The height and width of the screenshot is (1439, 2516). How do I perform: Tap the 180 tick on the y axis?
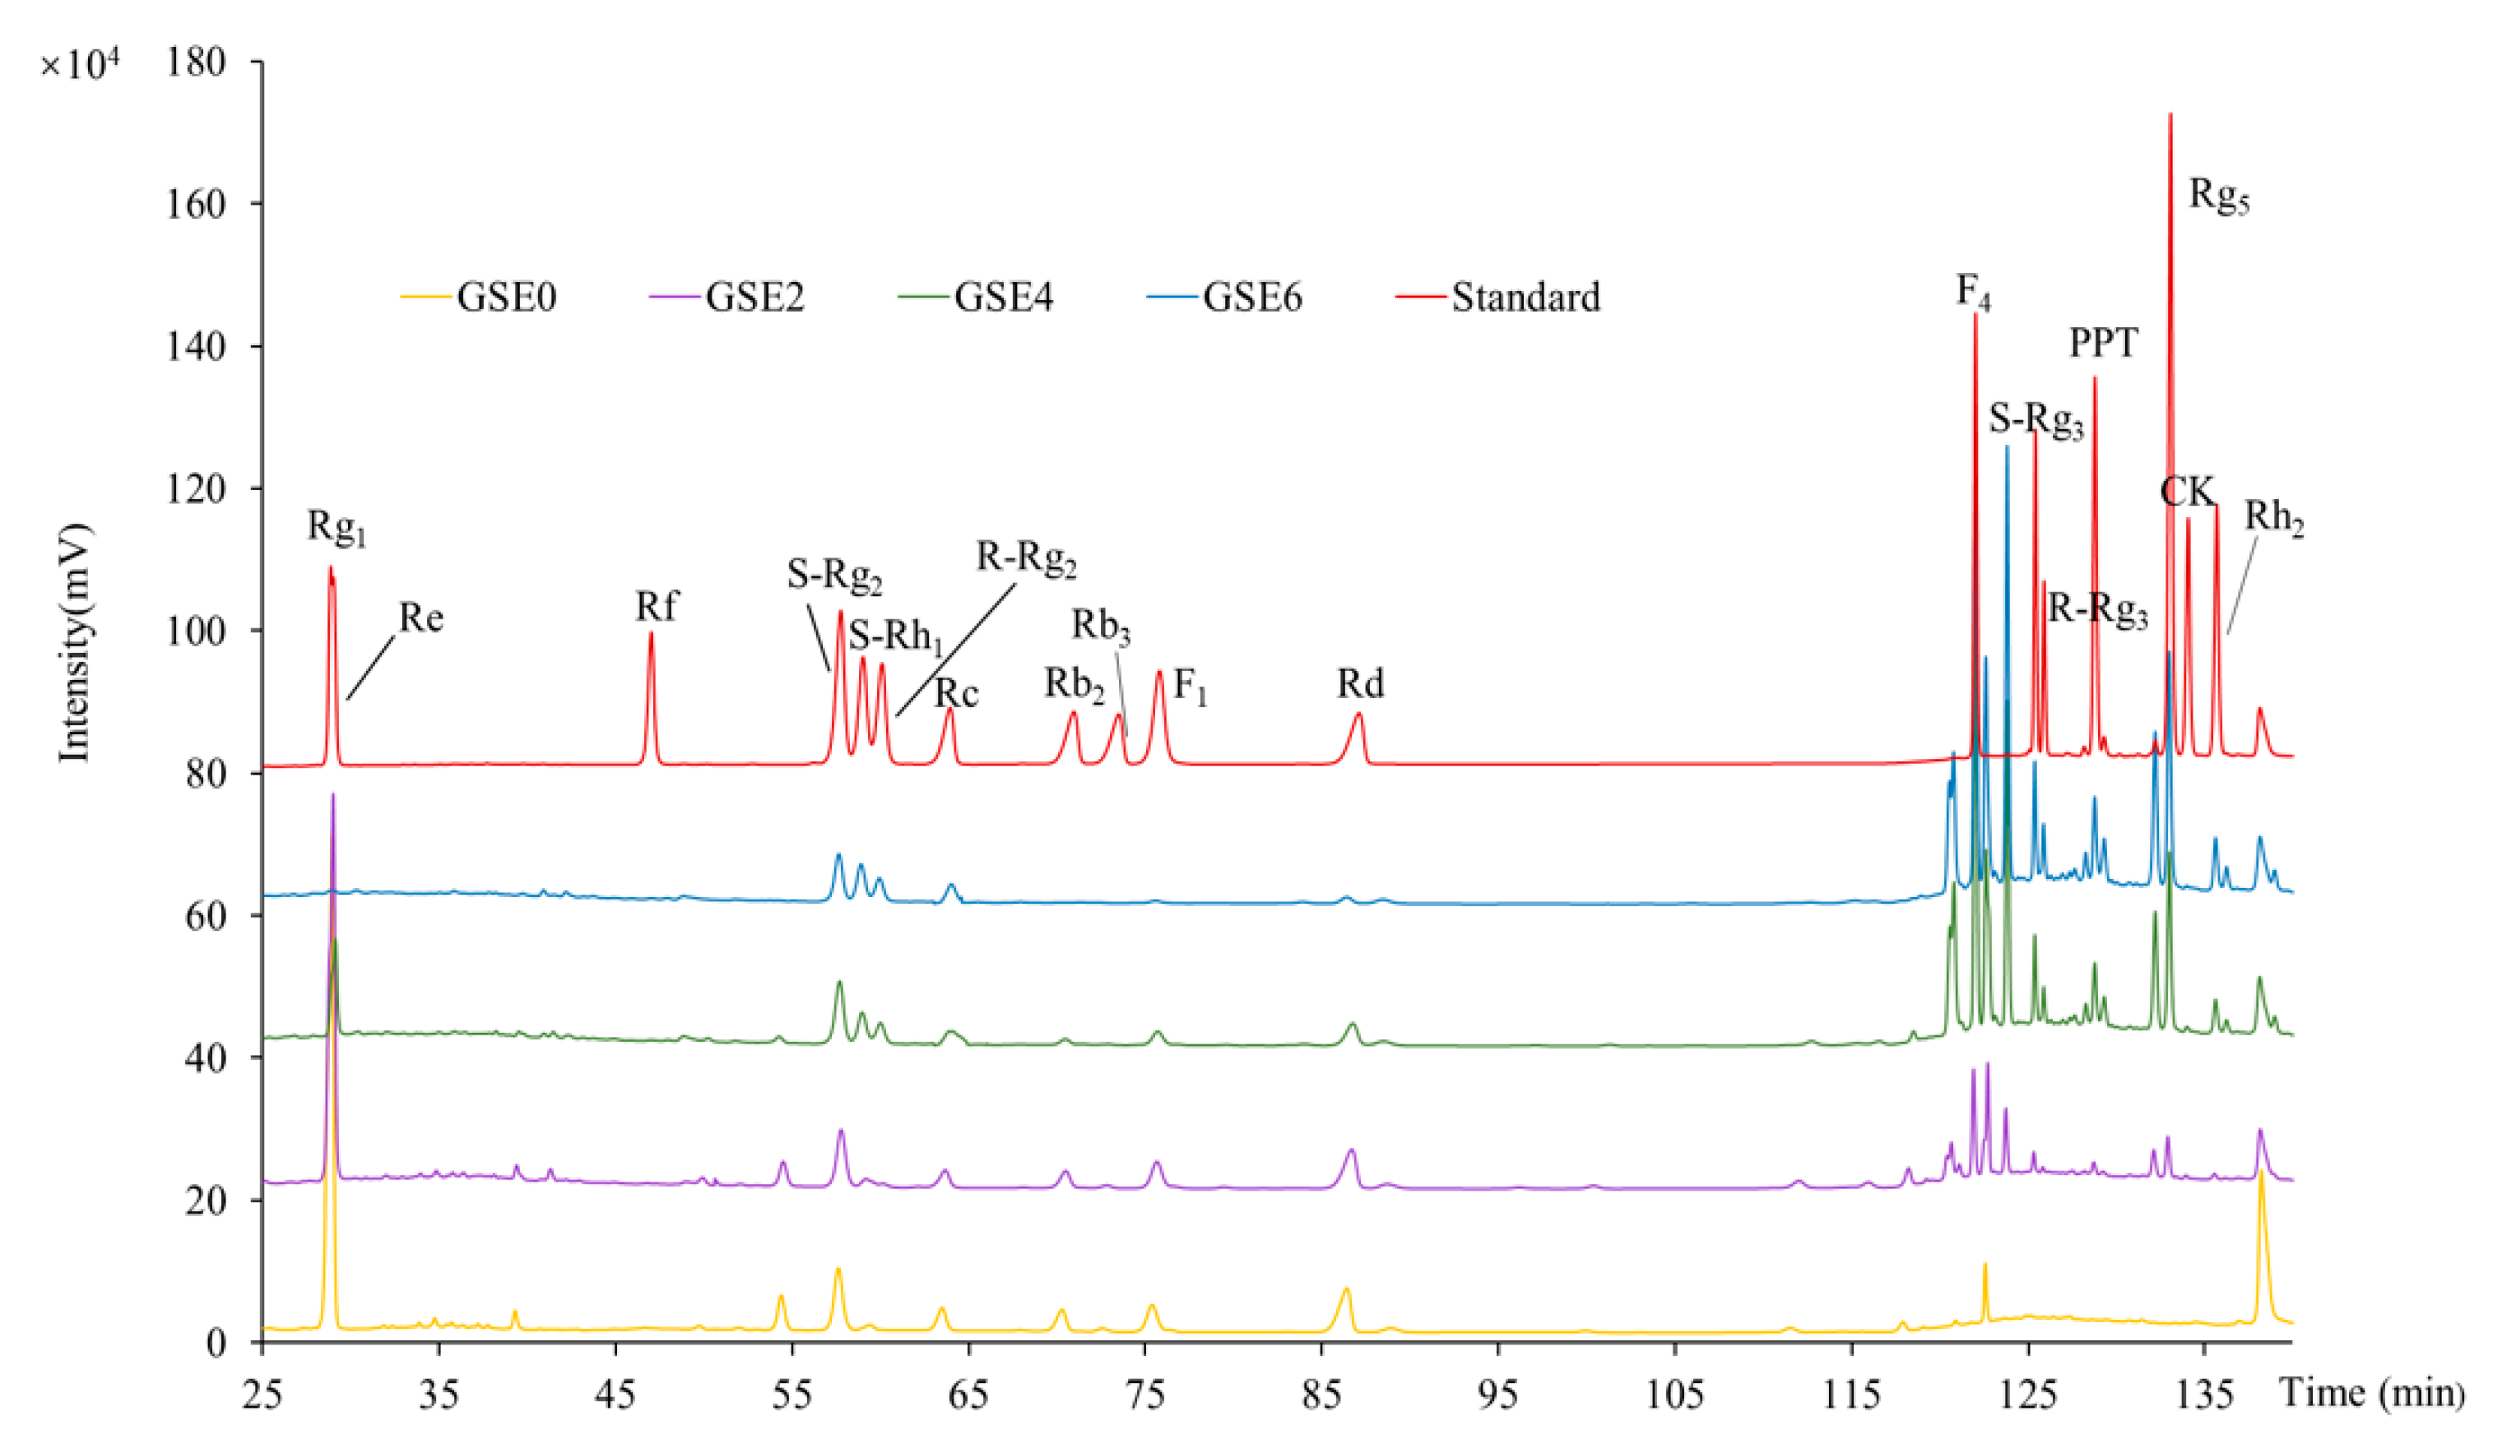197,62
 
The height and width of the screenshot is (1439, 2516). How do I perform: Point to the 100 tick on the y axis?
197,631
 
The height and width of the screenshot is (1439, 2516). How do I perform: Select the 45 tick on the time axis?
615,1395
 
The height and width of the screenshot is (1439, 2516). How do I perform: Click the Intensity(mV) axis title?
75,642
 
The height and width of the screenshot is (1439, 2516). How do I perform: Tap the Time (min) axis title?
2373,1394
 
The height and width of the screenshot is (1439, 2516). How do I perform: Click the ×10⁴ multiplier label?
79,65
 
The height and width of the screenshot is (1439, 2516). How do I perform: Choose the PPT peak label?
2104,343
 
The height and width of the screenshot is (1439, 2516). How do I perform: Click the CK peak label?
2187,491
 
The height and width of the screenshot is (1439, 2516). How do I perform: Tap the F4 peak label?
1973,292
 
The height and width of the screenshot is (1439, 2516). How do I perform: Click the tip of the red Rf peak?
651,633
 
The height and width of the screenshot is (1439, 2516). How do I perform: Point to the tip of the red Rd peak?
1358,714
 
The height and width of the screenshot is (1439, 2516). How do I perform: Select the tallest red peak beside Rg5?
2170,114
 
